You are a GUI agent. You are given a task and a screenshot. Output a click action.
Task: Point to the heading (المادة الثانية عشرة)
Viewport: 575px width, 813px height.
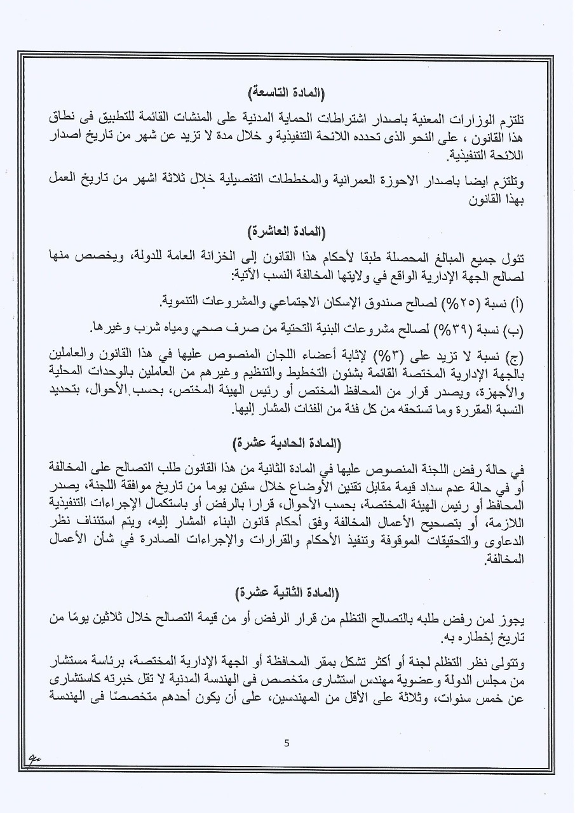(x=287, y=593)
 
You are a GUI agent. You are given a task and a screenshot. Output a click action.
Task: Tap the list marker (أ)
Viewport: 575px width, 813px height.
(x=516, y=302)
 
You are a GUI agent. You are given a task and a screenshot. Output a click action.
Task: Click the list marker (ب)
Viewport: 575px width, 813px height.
(x=514, y=327)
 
